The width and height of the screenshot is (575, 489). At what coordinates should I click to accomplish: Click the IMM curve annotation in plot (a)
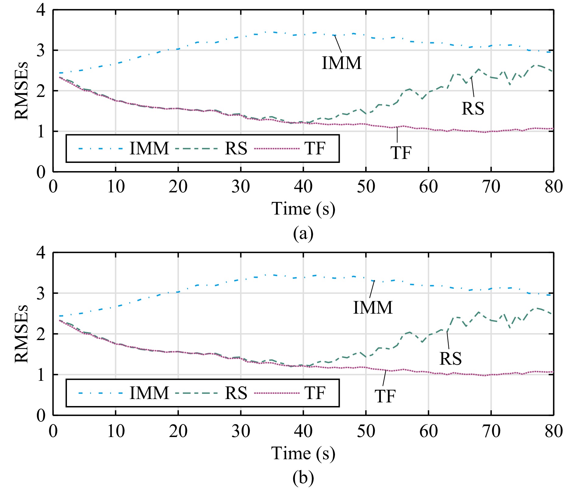pyautogui.click(x=342, y=63)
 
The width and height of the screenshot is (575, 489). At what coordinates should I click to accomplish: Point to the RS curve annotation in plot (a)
pyautogui.click(x=473, y=108)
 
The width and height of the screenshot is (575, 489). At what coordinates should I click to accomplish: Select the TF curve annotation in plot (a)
pyautogui.click(x=401, y=153)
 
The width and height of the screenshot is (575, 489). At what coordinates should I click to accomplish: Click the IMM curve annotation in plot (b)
pyautogui.click(x=373, y=307)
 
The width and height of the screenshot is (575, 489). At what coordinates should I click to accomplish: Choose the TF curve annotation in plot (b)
pyautogui.click(x=385, y=396)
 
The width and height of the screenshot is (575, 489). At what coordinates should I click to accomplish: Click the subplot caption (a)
pyautogui.click(x=303, y=233)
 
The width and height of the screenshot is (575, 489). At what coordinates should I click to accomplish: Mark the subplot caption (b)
pyautogui.click(x=303, y=478)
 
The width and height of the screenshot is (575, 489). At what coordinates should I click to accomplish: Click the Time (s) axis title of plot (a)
pyautogui.click(x=303, y=209)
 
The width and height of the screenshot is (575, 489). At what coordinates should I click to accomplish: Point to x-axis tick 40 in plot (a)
pyautogui.click(x=303, y=186)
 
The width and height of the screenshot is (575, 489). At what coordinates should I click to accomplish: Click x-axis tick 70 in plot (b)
pyautogui.click(x=491, y=431)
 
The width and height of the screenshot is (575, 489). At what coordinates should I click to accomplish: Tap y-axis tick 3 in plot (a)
pyautogui.click(x=41, y=50)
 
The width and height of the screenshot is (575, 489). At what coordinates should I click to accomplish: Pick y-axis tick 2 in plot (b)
pyautogui.click(x=41, y=334)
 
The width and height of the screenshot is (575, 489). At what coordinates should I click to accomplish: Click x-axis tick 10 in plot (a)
pyautogui.click(x=116, y=186)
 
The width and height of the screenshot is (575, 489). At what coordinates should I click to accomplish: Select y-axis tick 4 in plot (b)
pyautogui.click(x=41, y=253)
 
